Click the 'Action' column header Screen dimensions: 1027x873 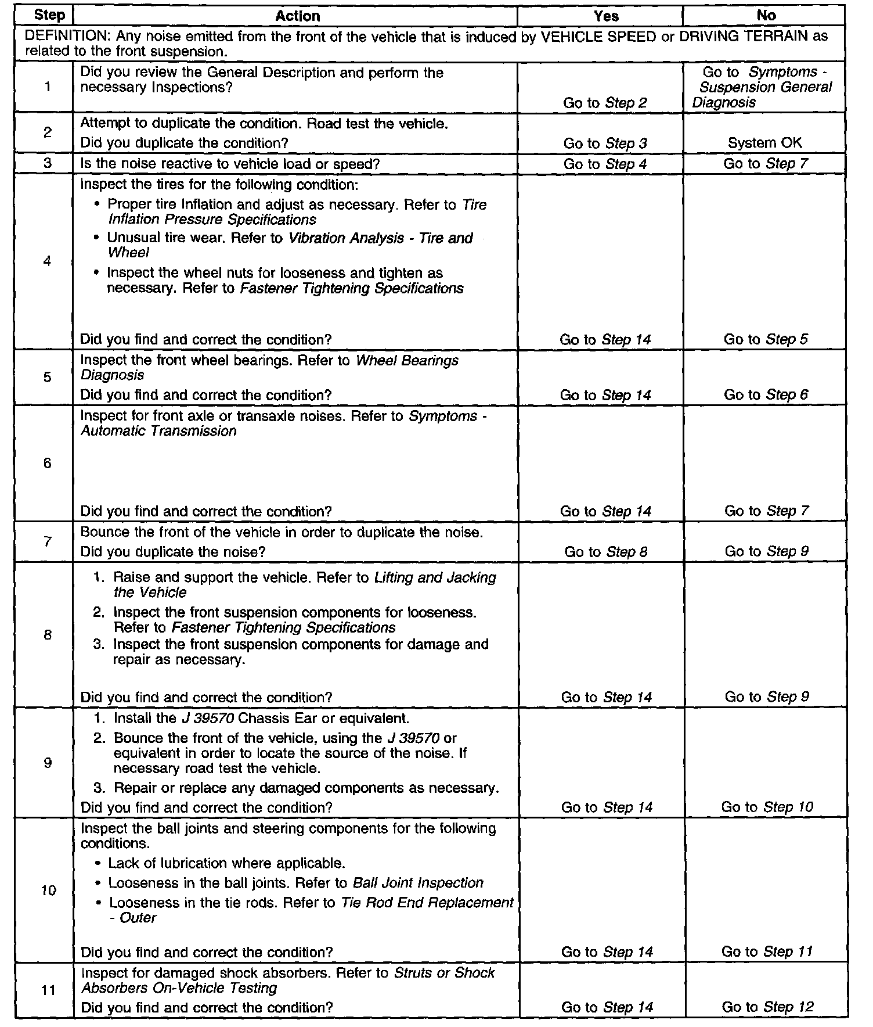click(297, 16)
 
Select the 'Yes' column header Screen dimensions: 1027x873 click(606, 16)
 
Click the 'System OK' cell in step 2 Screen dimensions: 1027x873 click(765, 143)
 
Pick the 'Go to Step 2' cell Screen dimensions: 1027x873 click(605, 103)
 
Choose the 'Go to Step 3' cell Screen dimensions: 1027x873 click(605, 143)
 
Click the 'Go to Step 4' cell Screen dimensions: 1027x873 click(605, 164)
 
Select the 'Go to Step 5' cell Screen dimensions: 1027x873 click(766, 339)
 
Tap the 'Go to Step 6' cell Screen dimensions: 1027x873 click(766, 395)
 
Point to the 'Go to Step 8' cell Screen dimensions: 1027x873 click(605, 552)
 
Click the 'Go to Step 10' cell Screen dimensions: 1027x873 click(767, 807)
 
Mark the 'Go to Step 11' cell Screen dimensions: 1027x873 click(767, 951)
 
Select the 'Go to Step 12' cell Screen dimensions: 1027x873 click(767, 1007)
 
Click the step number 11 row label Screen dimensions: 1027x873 click(48, 990)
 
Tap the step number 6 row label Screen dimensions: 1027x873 click(48, 463)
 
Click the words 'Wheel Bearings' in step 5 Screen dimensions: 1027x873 click(406, 361)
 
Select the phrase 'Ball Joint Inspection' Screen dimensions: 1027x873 click(418, 883)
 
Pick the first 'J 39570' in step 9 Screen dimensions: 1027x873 click(207, 719)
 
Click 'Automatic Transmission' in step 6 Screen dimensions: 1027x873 click(158, 431)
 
